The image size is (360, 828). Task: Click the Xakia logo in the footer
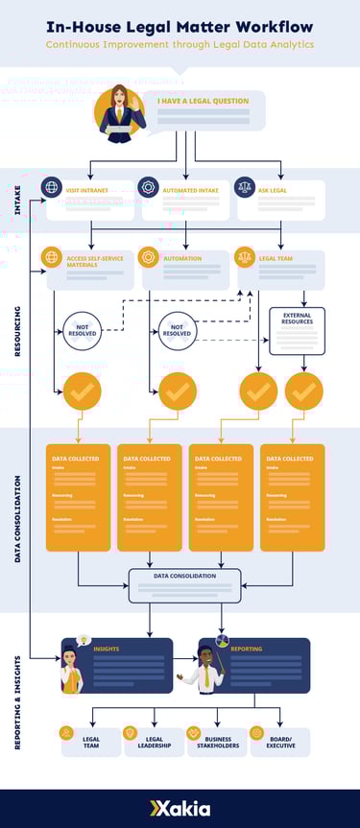[180, 809]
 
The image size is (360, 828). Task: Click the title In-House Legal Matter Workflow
[180, 27]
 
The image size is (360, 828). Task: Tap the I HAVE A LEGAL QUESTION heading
[203, 100]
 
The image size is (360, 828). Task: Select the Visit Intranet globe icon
[52, 187]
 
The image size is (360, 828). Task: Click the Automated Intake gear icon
[148, 187]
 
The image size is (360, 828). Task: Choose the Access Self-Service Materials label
[93, 262]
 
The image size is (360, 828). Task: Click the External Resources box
[297, 331]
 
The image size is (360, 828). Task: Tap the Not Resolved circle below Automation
[178, 331]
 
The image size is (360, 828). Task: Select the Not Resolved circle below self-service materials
[83, 331]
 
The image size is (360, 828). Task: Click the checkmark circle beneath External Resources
[304, 390]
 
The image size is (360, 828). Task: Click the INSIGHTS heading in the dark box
[107, 649]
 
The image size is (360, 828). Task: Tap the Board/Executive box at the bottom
[279, 742]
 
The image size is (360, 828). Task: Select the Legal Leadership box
[155, 742]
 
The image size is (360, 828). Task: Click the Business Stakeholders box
[217, 742]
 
